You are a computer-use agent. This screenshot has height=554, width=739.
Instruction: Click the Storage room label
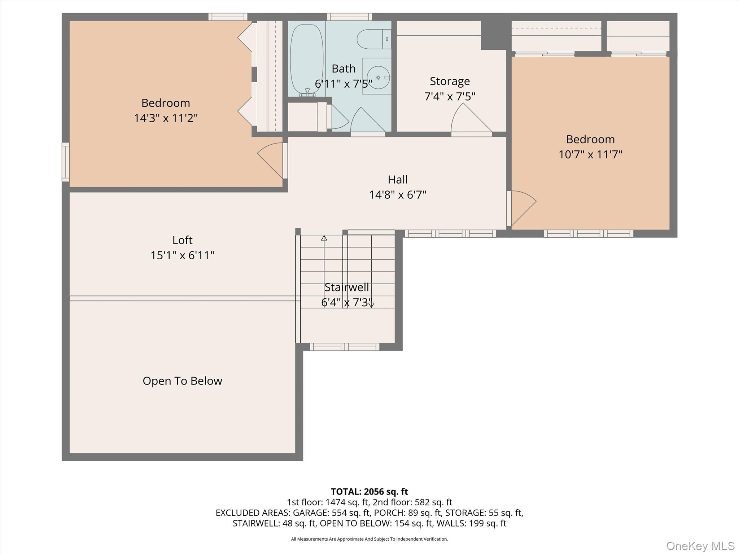point(450,81)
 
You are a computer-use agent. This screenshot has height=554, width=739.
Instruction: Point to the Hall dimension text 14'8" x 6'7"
point(397,195)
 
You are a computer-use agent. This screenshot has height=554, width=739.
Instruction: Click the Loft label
point(182,240)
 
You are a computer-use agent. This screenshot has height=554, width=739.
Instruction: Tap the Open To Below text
point(182,381)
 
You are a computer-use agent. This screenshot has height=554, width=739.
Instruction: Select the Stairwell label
point(346,287)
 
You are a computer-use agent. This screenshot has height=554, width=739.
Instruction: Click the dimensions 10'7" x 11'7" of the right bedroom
point(590,155)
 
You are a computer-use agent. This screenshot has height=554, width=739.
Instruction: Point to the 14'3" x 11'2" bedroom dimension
point(166,118)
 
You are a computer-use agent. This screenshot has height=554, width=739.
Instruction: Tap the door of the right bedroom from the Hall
point(521,208)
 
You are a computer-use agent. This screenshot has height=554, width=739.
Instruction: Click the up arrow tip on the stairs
point(324,238)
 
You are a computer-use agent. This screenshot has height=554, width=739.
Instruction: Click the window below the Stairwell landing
point(345,347)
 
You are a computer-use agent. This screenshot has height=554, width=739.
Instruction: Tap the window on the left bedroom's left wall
point(66,162)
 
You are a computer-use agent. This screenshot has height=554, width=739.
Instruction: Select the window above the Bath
point(349,17)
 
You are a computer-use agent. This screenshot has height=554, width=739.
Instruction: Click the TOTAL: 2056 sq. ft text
point(369,492)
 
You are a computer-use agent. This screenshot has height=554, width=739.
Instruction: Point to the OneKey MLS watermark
point(700,546)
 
